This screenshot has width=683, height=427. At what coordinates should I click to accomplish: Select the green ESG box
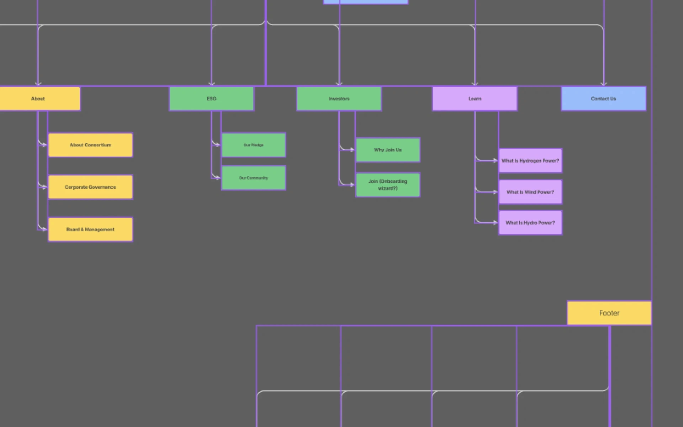point(211,99)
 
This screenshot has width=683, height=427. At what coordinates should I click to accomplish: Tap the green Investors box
point(339,99)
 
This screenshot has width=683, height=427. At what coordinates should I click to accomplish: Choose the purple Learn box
point(475,99)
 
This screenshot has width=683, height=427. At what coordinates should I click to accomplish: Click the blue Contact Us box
point(603,99)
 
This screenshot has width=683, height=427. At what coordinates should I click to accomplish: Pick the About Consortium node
point(90,145)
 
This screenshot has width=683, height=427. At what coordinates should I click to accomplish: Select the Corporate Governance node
point(90,187)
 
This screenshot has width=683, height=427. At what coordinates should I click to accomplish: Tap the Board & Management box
point(90,230)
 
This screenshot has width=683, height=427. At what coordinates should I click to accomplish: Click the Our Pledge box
point(253,145)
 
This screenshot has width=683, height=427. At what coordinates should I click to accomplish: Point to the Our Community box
point(253,178)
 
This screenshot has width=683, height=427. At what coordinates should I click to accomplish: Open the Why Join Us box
point(388,150)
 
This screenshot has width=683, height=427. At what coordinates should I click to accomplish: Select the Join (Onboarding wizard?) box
point(388,185)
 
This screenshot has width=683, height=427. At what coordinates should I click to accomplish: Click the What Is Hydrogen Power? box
point(530,161)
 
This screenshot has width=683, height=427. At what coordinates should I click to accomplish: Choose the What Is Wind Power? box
point(530,192)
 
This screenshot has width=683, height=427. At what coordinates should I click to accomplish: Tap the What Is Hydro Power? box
point(530,223)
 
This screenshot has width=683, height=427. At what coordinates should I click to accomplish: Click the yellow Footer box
point(609,313)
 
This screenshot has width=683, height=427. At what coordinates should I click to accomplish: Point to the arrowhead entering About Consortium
point(45,145)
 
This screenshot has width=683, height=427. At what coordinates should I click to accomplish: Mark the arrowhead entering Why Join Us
point(353,150)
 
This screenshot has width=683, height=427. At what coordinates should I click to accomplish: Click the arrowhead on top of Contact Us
point(603,84)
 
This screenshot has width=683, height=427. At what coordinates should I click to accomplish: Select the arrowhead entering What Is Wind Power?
point(496,192)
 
